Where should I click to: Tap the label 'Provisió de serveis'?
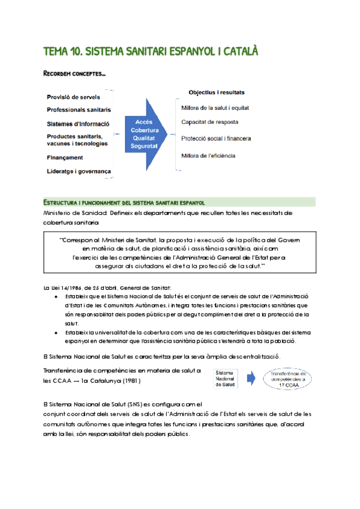coord(73,97)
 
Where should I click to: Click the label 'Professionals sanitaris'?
coord(79,110)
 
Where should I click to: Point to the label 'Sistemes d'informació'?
coord(78,124)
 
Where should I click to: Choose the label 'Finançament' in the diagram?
coord(65,158)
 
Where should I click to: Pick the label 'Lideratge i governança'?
coord(79,172)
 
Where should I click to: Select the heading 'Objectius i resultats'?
coord(216,93)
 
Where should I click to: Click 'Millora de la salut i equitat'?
coord(215,108)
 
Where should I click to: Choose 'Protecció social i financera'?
coord(215,139)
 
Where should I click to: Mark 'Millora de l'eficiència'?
coord(208,156)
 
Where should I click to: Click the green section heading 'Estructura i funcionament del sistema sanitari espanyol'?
coord(124,202)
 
